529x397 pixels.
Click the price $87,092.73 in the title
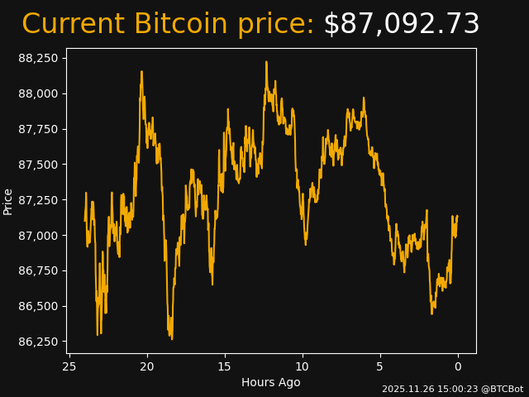click(x=402, y=24)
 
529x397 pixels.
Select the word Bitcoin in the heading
click(x=181, y=23)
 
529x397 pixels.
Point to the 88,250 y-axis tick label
click(x=38, y=59)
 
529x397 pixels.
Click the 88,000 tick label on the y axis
click(x=38, y=93)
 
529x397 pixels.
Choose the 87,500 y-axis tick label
click(x=38, y=165)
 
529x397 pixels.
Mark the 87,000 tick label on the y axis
click(x=38, y=236)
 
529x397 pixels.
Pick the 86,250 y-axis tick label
click(x=38, y=342)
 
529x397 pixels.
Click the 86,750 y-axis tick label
click(x=38, y=271)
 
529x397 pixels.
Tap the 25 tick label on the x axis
click(x=69, y=366)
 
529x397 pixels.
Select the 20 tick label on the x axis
click(x=147, y=366)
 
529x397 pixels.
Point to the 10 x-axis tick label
click(x=303, y=366)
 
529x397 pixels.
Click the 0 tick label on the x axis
click(x=458, y=366)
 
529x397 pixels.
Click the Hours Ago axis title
click(x=271, y=382)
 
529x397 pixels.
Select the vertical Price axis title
click(x=7, y=202)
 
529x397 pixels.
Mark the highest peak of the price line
click(x=266, y=62)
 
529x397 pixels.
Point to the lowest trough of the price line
click(x=172, y=339)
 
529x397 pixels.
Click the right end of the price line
click(x=457, y=216)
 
